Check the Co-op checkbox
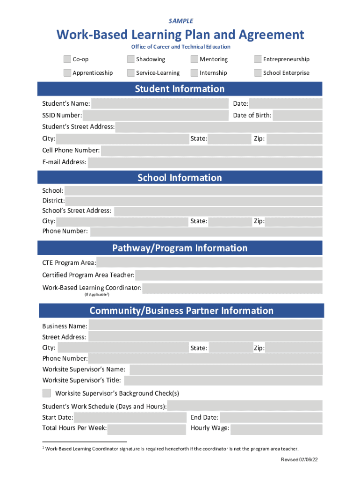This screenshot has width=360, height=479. (x=67, y=59)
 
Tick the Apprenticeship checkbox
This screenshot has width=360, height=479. (x=67, y=73)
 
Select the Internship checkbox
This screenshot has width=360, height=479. (x=194, y=73)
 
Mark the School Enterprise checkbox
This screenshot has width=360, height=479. (x=258, y=73)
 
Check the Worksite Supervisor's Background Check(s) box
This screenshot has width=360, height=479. (x=47, y=393)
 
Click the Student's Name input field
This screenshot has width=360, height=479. (x=160, y=103)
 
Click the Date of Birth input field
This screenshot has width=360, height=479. (x=297, y=116)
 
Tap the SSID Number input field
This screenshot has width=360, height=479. (x=155, y=116)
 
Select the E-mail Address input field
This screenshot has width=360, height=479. (x=205, y=162)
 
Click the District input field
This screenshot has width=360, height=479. (x=194, y=201)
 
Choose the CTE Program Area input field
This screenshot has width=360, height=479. (x=209, y=262)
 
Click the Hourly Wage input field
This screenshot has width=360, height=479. (x=276, y=429)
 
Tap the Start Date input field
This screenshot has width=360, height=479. (x=130, y=418)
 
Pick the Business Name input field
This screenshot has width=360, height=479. (x=205, y=326)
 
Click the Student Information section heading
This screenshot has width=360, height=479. (x=180, y=89)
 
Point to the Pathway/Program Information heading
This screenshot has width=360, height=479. (x=180, y=248)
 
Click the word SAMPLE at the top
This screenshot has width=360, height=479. (x=180, y=21)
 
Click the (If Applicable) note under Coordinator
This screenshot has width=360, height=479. (x=97, y=295)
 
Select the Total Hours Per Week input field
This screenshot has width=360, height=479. (x=146, y=429)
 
